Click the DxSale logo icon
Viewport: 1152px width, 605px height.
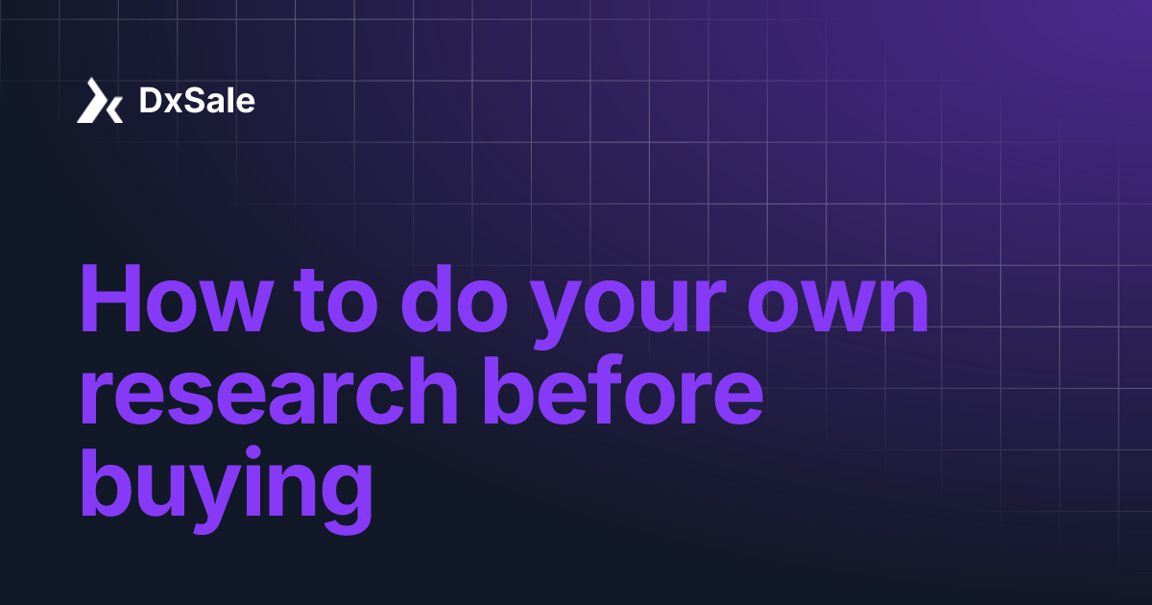click(100, 101)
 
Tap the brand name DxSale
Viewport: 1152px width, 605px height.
click(197, 101)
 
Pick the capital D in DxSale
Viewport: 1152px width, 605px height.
click(150, 101)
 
